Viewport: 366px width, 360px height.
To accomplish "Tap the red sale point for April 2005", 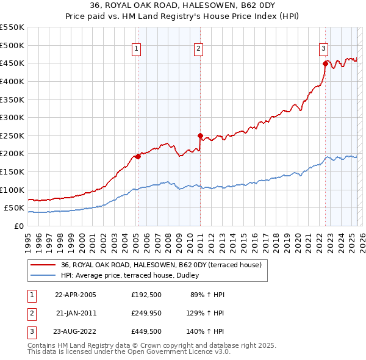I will tap(138, 156).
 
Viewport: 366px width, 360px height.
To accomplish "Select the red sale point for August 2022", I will tap(325, 63).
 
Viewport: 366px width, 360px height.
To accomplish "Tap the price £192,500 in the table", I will tap(145, 295).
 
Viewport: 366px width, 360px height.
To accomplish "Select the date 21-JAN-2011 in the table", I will tap(76, 312).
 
